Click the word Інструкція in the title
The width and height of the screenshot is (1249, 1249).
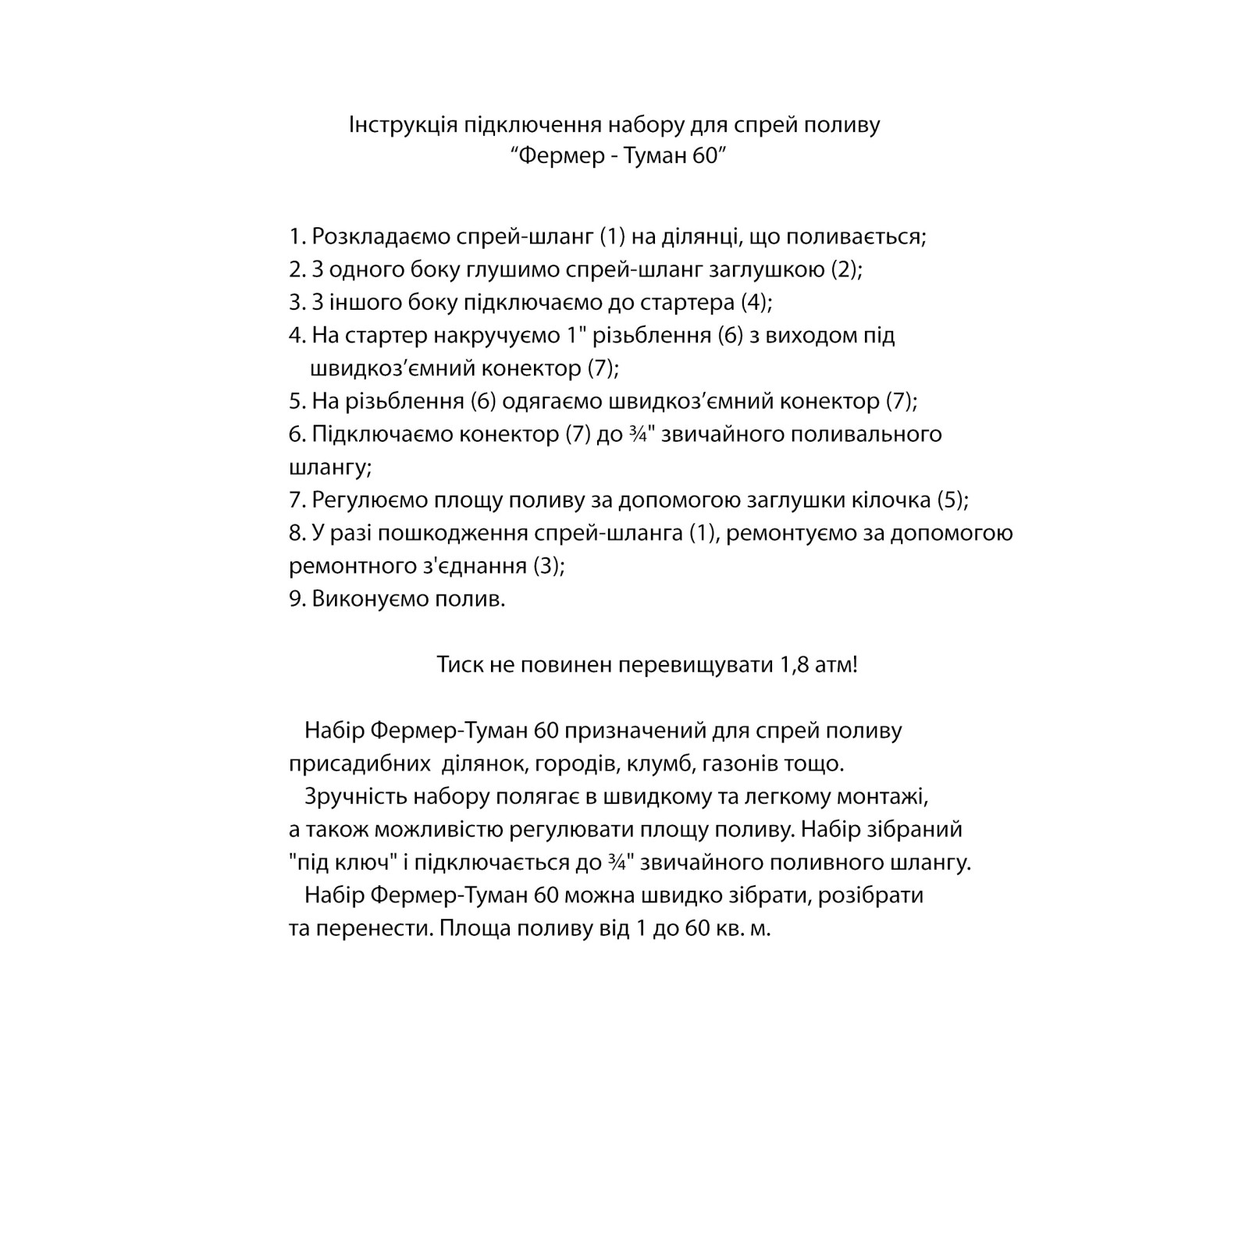tap(403, 125)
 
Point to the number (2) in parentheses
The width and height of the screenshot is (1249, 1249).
tap(843, 269)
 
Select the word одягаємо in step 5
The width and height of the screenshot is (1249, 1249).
tap(551, 401)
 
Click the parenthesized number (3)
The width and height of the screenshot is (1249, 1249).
tap(546, 566)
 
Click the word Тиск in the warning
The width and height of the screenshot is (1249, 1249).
tap(459, 665)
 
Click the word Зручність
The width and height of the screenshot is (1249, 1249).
tap(356, 797)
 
